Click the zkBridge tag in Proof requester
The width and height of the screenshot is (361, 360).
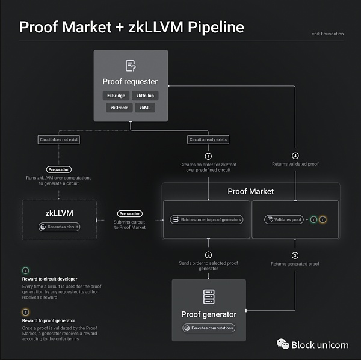[116, 96]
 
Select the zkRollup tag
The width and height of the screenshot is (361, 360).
[146, 96]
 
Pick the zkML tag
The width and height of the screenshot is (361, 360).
[145, 108]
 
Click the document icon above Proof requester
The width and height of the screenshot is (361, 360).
[130, 66]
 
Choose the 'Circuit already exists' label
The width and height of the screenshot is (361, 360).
[208, 139]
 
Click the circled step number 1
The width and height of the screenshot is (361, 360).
[208, 156]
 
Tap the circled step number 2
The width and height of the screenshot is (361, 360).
[208, 255]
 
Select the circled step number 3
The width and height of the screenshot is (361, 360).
[295, 255]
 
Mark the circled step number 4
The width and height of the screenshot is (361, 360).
[295, 156]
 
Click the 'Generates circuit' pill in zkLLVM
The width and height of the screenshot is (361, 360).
[60, 227]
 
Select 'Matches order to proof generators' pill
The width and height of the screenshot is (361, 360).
[207, 220]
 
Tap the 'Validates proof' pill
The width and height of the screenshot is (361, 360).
[283, 220]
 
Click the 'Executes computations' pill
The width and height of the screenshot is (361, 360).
[209, 328]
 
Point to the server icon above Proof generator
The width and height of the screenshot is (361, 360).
[209, 296]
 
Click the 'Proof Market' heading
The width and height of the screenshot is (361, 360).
[250, 191]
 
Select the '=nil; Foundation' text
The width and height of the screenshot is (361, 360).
[328, 34]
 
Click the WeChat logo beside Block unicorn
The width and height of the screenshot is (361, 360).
[282, 344]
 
